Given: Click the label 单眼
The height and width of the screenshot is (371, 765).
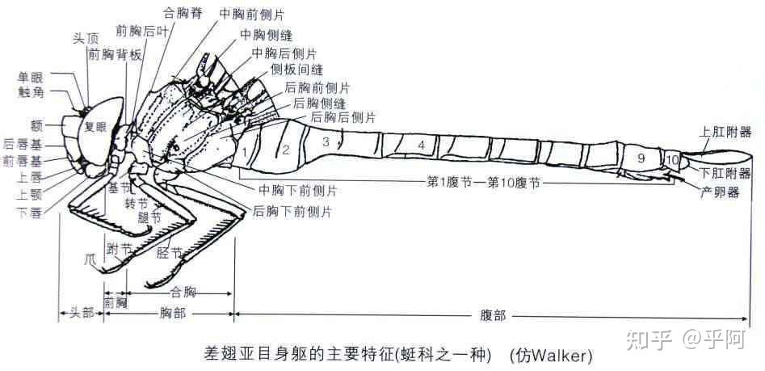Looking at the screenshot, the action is point(30,77).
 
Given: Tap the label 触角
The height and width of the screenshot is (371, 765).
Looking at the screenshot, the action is point(30,92).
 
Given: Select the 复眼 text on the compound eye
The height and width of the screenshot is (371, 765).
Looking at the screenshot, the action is point(95,127).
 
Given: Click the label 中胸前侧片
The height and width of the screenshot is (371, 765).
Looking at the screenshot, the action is point(252,14).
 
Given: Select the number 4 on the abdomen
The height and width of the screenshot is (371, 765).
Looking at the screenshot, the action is point(421,145).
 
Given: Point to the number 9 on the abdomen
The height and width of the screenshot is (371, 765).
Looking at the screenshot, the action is point(641,158).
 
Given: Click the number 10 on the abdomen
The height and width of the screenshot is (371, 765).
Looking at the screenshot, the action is point(672,159).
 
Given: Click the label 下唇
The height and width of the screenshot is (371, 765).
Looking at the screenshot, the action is point(29,213).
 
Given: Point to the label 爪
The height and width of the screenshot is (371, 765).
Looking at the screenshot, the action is point(90,258).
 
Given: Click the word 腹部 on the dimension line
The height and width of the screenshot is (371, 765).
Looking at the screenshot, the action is point(492,315).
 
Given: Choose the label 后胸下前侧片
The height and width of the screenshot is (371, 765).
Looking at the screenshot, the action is point(292,212).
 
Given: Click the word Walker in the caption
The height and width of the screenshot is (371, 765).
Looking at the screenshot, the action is point(557,356).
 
